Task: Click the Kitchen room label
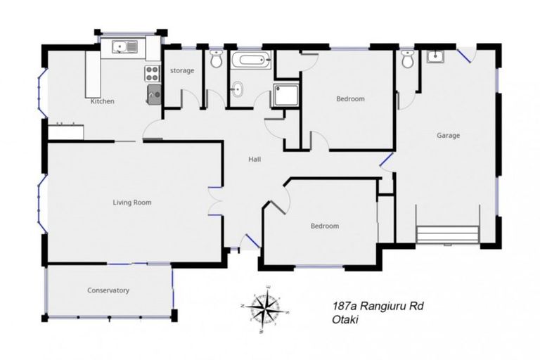(x=103, y=101)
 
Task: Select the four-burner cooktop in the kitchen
(x=153, y=72)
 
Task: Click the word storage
(x=183, y=70)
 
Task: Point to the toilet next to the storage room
(x=216, y=60)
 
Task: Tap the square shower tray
(x=286, y=94)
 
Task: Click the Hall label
(x=255, y=160)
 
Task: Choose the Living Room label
(x=132, y=202)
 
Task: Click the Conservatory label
(x=108, y=290)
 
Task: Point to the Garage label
(x=448, y=136)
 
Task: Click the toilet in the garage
(x=407, y=60)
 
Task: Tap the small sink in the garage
(x=436, y=57)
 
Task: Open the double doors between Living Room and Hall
(x=217, y=202)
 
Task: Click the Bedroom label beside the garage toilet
(x=350, y=99)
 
